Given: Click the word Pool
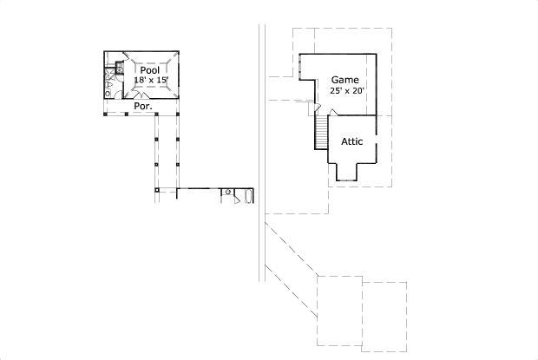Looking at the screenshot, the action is click(150, 70).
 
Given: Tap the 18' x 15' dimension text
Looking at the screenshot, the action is click(151, 80).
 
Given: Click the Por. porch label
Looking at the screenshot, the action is click(143, 106).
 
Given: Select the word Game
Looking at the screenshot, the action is click(344, 80).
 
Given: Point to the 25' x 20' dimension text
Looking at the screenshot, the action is click(346, 91).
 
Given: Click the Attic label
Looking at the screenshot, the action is click(351, 141).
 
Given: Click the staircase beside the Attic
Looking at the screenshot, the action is click(321, 132).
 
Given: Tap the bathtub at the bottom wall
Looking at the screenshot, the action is click(248, 196).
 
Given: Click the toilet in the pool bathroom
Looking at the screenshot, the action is click(108, 84).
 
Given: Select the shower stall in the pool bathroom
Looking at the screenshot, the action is click(109, 74).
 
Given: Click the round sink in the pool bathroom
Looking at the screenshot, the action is click(108, 93).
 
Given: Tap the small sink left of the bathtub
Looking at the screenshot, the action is click(228, 192).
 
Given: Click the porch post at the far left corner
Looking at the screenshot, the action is click(105, 114).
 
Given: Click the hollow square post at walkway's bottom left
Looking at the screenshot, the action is click(157, 190).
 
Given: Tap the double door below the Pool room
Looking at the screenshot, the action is click(141, 95).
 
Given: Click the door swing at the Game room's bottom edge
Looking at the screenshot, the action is click(333, 113).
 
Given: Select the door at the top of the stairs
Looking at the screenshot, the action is click(318, 107).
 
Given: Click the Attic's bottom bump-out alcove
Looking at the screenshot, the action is click(346, 172).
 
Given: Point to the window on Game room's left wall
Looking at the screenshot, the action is click(300, 67).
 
